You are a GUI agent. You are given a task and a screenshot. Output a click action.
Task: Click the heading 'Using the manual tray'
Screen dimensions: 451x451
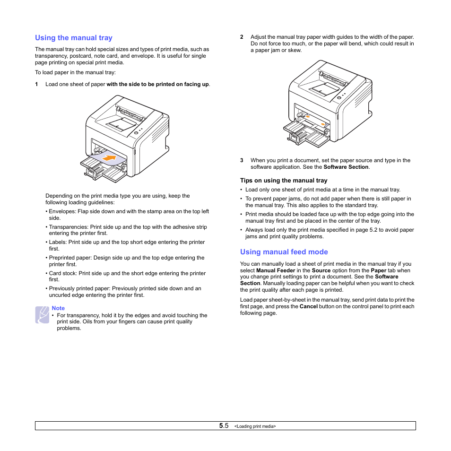coord(73,38)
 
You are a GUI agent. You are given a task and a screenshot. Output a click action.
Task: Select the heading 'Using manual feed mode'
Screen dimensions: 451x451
coord(284,252)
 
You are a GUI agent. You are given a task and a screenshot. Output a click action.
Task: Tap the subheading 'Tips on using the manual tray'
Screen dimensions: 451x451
coord(284,181)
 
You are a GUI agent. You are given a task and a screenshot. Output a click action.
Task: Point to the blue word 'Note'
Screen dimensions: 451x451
coord(58,308)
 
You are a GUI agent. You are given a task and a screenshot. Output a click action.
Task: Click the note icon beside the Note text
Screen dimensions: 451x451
coord(42,315)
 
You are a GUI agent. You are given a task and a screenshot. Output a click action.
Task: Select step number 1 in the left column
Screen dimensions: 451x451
coord(36,85)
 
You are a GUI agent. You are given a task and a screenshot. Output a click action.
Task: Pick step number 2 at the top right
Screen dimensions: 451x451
coord(242,37)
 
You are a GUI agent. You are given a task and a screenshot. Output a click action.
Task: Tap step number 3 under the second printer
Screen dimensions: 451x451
coord(242,160)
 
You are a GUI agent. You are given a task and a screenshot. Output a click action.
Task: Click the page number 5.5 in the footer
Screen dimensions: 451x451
coord(224,426)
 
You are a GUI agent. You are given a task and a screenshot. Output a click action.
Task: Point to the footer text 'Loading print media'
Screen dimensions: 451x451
coord(255,426)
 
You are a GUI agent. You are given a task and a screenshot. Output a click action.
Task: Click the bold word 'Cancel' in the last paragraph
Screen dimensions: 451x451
coord(308,306)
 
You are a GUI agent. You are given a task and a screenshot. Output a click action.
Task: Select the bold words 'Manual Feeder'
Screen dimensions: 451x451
coord(275,270)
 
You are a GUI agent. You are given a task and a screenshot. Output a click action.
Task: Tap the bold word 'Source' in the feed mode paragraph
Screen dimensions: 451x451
coord(321,270)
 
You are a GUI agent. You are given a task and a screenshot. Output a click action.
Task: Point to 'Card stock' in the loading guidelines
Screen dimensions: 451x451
coord(62,273)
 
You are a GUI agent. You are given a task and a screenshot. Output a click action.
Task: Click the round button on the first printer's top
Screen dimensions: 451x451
coord(136,133)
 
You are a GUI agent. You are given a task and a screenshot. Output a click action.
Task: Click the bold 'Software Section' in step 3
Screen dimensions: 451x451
coord(346,167)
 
